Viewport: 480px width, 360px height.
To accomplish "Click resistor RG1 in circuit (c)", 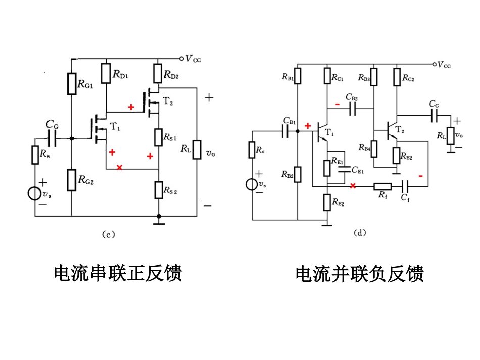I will point(71,84).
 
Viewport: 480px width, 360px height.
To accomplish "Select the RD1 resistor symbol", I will point(106,73).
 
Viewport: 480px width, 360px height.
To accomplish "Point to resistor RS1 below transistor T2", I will point(159,137).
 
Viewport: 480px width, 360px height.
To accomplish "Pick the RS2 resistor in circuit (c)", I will point(159,190).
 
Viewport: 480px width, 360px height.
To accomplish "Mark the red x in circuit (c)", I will point(119,167).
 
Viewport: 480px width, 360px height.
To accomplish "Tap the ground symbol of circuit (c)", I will point(159,222).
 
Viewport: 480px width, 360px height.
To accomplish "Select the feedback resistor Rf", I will point(382,186).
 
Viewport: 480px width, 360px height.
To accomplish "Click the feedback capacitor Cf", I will point(405,186).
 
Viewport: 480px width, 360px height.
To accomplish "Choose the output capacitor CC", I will point(434,116).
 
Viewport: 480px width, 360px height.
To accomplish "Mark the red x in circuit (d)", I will point(353,186).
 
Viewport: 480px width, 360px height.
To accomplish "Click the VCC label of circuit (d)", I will point(445,65).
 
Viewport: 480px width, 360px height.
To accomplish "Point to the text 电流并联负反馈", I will point(359,274).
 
